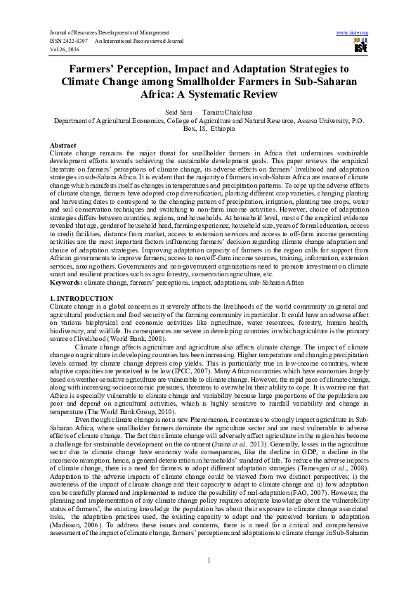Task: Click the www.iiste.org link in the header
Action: coord(353,33)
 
